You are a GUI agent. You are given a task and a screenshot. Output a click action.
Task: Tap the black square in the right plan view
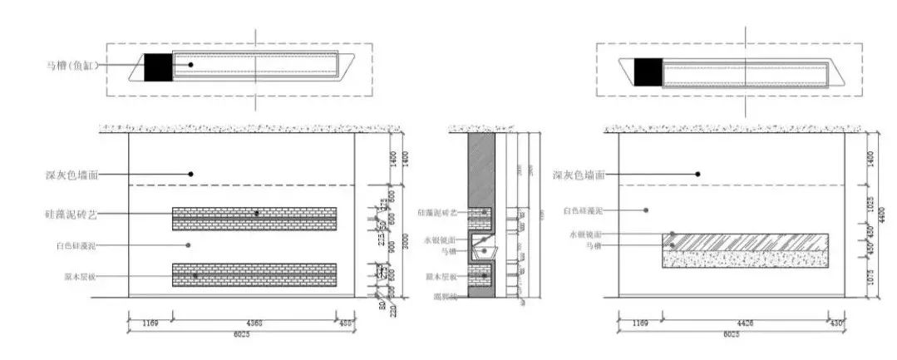click(648, 72)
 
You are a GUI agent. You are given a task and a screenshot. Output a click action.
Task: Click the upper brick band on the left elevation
click(254, 219)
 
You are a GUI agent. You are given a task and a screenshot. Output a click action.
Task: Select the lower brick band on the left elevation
click(254, 275)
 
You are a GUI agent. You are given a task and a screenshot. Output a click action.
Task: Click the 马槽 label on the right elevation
click(592, 247)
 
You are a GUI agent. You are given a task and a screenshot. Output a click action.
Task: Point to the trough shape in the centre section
click(481, 249)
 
